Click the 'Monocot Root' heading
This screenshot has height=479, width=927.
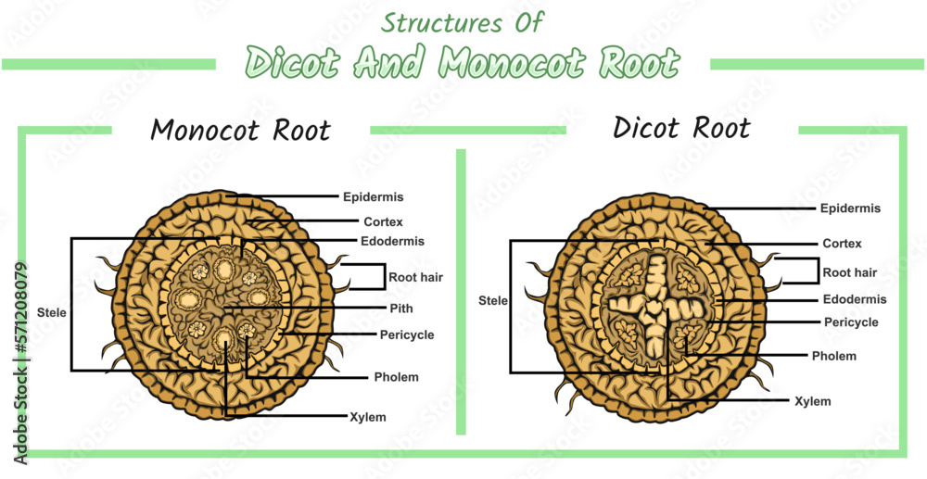(240, 131)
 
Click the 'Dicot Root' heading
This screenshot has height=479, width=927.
(681, 128)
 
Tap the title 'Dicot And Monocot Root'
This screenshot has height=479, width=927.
(463, 63)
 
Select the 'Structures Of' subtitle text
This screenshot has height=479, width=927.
(463, 21)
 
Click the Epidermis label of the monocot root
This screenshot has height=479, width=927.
(373, 197)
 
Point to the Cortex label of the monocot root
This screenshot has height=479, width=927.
(382, 221)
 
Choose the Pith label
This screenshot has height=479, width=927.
(400, 309)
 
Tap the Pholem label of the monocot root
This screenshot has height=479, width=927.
(396, 377)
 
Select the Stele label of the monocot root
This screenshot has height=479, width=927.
(52, 313)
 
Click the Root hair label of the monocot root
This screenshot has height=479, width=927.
(413, 276)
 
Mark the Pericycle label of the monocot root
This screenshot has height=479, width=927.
(406, 334)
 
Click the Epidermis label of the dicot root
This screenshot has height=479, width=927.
(850, 208)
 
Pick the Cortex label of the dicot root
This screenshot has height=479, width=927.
(842, 244)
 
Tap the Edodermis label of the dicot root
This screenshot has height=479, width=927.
(855, 299)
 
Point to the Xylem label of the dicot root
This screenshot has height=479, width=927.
(812, 401)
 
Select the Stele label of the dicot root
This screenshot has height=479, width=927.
(493, 301)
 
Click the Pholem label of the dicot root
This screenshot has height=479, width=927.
(834, 356)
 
